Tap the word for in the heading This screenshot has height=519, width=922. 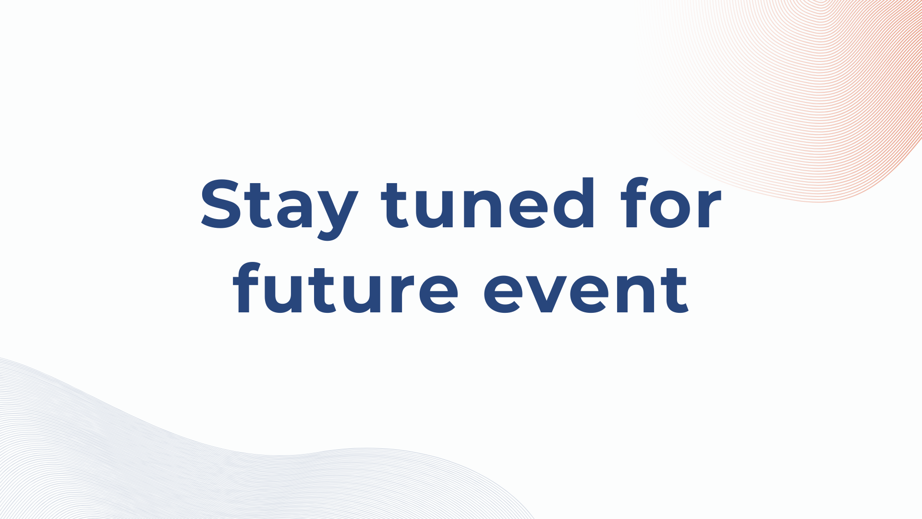[670, 204]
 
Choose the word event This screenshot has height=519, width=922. [586, 291]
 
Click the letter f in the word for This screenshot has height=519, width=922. [633, 204]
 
